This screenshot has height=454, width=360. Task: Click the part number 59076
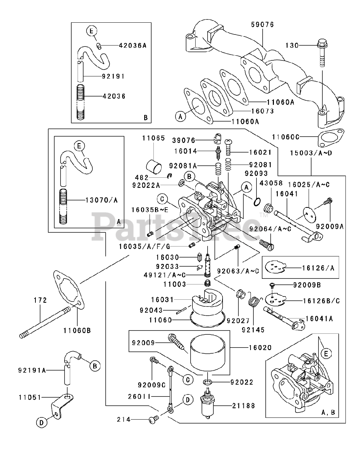coord(262,25)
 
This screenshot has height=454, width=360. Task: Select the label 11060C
coord(286,137)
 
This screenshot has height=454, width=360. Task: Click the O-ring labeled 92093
coord(257,202)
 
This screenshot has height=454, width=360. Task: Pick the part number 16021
coord(260,152)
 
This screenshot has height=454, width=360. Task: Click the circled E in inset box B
coord(91,31)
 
